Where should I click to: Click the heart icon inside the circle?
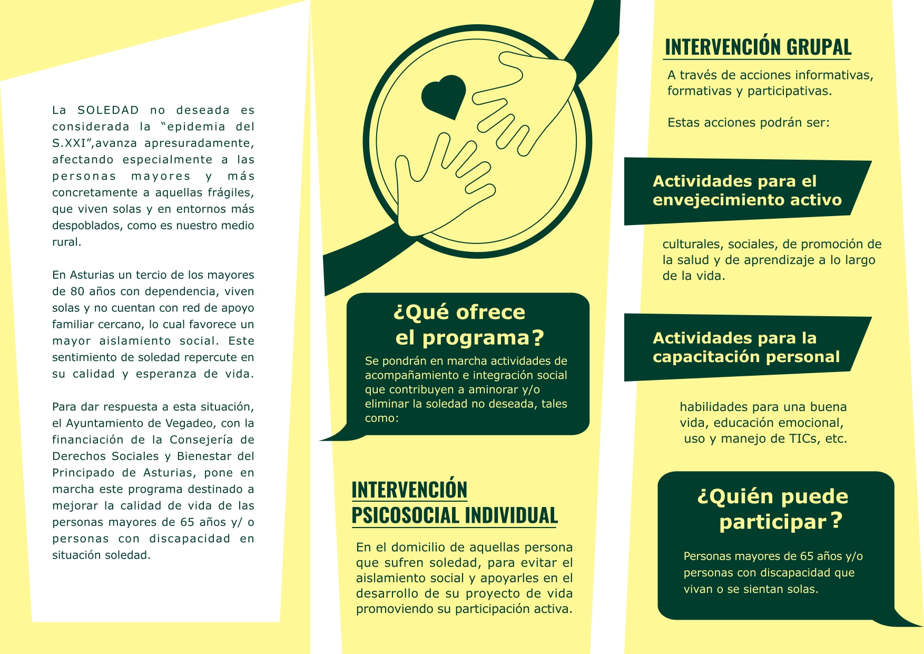444,96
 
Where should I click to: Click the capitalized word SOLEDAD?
108,110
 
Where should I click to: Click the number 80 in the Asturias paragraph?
77,291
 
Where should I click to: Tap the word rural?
66,242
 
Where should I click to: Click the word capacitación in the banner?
706,357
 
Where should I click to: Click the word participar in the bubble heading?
773,522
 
